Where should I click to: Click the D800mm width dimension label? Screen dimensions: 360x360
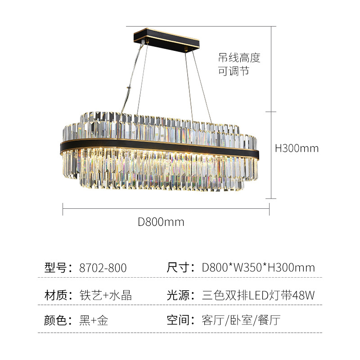click(x=161, y=222)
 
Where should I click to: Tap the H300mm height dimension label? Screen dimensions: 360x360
click(x=297, y=148)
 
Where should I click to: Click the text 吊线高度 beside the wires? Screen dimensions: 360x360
click(x=239, y=58)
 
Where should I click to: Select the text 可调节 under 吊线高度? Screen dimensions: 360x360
click(x=234, y=72)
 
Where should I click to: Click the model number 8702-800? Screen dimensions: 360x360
click(x=103, y=268)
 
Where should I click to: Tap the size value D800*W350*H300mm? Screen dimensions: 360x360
click(x=258, y=268)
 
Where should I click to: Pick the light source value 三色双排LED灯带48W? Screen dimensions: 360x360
click(x=258, y=296)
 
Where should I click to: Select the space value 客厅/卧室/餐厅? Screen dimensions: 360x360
click(x=242, y=320)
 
